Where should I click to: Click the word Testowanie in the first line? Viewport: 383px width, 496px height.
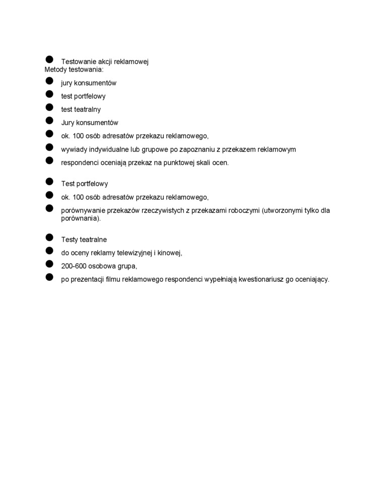tap(78, 62)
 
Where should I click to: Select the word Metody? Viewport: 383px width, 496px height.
tap(55, 70)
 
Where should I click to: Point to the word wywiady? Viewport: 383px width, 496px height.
tap(74, 150)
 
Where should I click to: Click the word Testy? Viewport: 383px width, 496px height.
tap(70, 240)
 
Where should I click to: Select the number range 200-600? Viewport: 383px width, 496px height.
tap(74, 266)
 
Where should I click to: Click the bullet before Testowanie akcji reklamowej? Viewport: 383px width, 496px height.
tap(49, 60)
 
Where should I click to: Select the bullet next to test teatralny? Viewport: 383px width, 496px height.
tap(49, 107)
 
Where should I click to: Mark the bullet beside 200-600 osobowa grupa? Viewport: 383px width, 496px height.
tap(49, 264)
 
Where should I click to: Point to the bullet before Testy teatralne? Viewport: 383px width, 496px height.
tap(49, 237)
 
